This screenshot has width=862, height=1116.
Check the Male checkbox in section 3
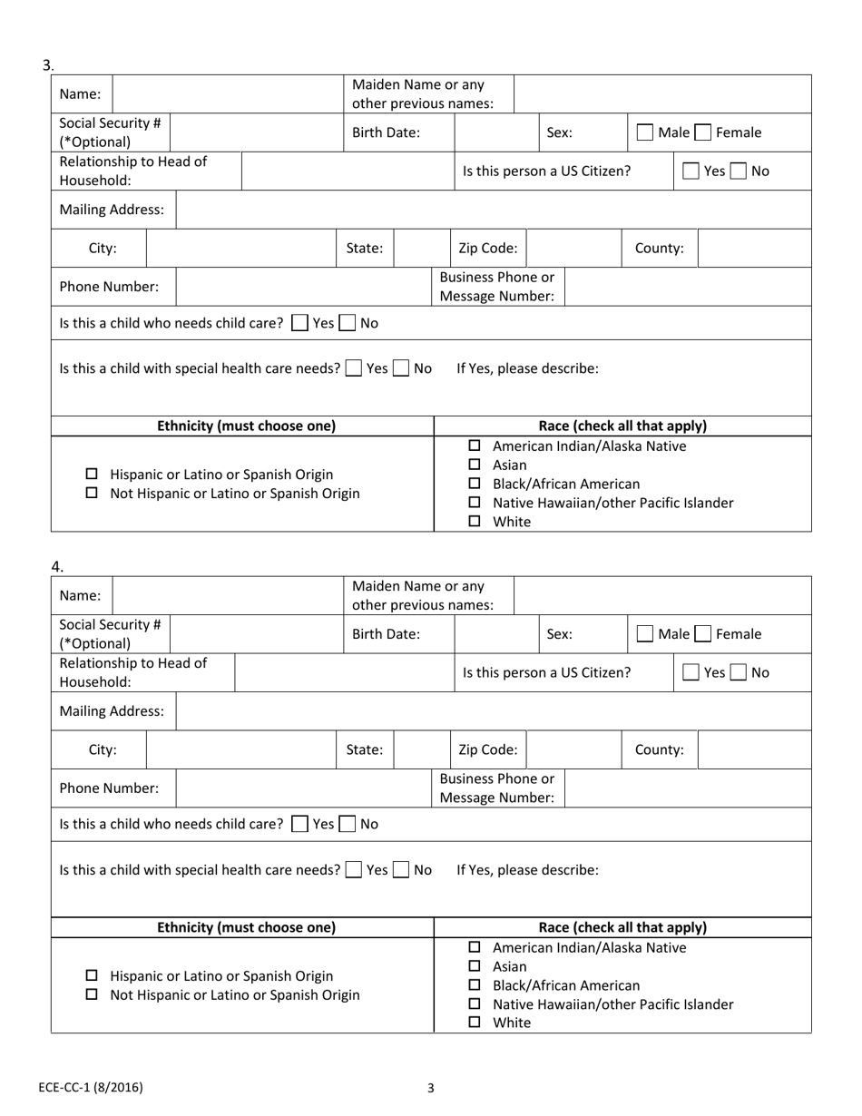644,132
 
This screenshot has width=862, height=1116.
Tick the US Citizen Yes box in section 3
691,171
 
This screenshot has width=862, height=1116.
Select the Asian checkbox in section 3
474,465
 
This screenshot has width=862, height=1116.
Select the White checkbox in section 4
474,1023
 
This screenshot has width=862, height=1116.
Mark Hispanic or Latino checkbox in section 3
92,475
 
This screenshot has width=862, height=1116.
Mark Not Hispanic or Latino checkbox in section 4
92,995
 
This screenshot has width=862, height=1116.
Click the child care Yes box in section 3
299,323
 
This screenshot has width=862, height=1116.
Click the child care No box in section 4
348,825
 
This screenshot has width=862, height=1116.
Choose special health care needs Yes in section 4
354,870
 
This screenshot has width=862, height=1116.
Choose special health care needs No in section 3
401,368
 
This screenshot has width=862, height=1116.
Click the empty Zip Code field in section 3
573,248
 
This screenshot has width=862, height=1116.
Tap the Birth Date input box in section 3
496,132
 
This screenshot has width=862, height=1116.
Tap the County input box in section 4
754,749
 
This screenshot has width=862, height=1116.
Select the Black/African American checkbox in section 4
474,986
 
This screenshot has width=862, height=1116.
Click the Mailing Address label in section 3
112,210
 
